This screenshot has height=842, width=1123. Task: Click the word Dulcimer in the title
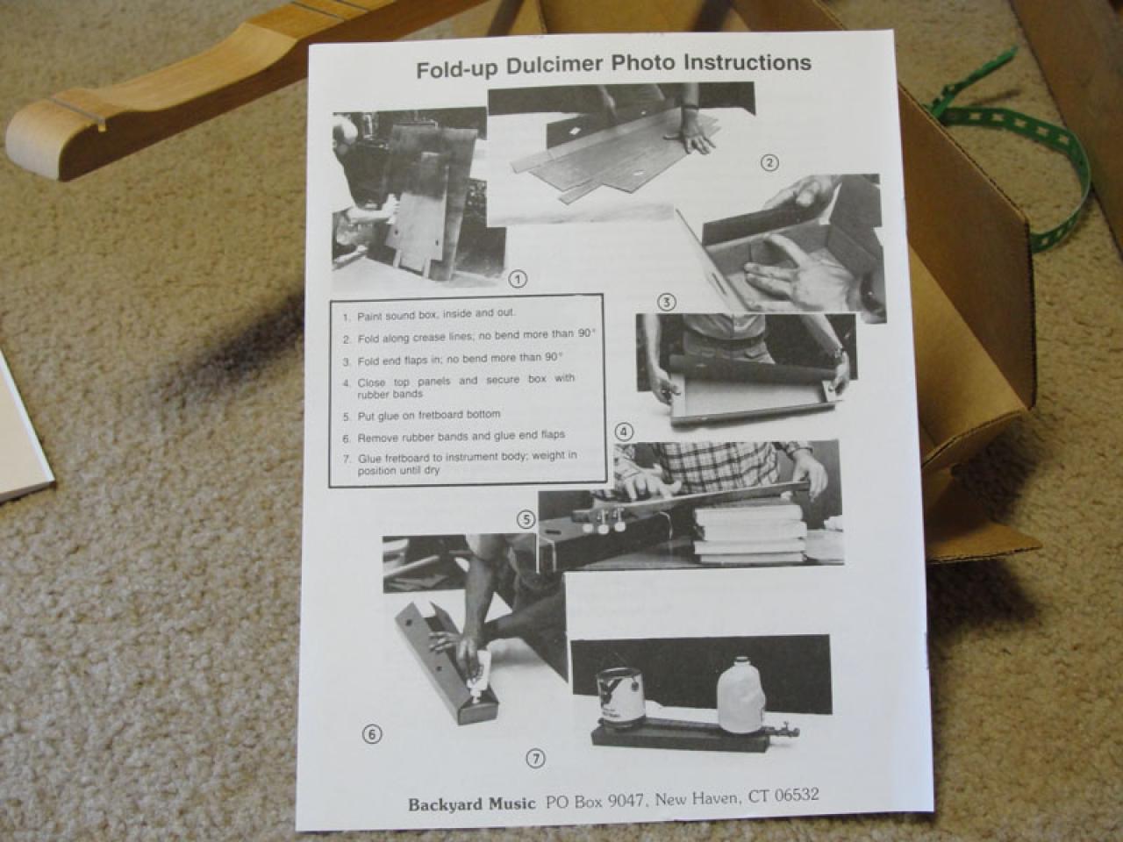[x=554, y=67]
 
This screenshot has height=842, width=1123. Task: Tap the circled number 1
[x=518, y=279]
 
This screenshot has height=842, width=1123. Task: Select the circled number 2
[x=769, y=163]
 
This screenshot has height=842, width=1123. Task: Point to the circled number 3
[x=666, y=303]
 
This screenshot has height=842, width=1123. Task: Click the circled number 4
[x=624, y=432]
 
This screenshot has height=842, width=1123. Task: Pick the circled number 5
[x=526, y=520]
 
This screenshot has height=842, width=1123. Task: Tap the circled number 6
[x=372, y=735]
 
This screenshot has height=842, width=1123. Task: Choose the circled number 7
[x=536, y=760]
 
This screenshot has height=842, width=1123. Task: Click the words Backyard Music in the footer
[x=471, y=804]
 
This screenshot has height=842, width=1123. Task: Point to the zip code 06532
[x=797, y=796]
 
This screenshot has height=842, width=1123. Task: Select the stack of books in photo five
[x=749, y=533]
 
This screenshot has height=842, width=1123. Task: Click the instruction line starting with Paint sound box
[x=429, y=315]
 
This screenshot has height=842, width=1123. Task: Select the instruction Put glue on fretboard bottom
[x=422, y=415]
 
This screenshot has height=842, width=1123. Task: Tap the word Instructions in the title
[x=747, y=63]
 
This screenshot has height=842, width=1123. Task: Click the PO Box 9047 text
[x=594, y=801]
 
